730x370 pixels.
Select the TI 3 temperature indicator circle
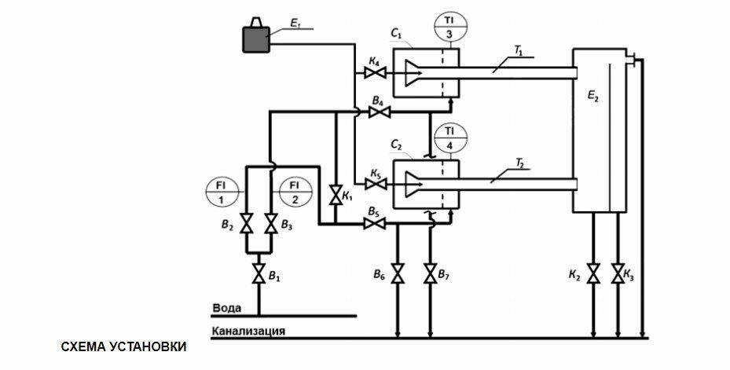click(449, 27)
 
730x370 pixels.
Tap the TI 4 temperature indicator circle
click(449, 137)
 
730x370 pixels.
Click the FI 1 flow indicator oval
click(222, 191)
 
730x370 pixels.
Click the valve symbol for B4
click(380, 114)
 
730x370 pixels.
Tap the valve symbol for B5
click(376, 225)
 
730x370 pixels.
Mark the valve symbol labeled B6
click(398, 275)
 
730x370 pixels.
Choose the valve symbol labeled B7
click(430, 275)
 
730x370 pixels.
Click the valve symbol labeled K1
click(336, 194)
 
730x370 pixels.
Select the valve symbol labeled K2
click(593, 275)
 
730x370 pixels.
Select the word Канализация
click(248, 331)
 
